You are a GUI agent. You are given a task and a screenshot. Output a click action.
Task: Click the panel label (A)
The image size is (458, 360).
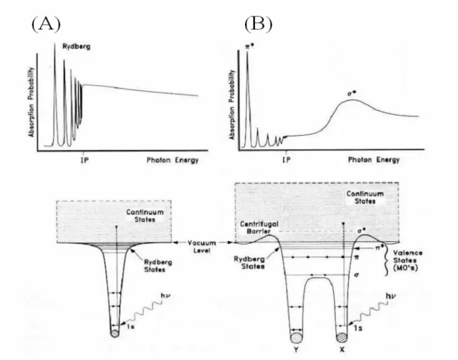tap(46, 24)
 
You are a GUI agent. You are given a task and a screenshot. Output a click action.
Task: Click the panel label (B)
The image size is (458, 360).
tap(258, 24)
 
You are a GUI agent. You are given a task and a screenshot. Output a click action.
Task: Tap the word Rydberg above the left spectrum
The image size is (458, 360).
tap(76, 47)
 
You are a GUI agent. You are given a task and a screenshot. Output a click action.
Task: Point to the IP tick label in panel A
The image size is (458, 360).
tap(85, 160)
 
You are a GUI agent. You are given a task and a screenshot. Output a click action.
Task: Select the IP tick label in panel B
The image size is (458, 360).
tap(287, 160)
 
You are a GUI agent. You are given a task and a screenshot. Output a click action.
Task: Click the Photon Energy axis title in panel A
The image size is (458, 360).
tap(172, 160)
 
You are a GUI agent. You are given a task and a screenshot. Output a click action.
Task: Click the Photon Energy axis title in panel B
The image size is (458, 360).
tap(374, 160)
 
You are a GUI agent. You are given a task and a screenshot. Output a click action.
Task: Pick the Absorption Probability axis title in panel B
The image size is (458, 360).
tap(232, 105)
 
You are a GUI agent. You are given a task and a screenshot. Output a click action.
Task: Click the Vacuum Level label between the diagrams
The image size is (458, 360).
tap(202, 247)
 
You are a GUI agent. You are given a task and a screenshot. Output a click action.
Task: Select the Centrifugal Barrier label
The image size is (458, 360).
tap(259, 228)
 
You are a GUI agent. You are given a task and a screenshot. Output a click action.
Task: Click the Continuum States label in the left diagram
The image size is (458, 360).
tap(145, 216)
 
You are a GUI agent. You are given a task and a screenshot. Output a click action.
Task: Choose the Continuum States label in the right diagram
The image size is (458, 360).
tap(365, 197)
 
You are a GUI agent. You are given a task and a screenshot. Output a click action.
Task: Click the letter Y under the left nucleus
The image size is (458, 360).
tap(297, 349)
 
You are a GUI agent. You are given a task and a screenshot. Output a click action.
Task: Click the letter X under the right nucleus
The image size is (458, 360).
tap(342, 349)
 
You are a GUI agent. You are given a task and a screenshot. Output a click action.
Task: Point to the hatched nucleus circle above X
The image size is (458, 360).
tap(342, 337)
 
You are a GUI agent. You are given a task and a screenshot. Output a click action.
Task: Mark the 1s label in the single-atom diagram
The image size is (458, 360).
tap(130, 327)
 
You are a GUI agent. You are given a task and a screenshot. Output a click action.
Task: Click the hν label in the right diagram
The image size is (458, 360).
tap(391, 296)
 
